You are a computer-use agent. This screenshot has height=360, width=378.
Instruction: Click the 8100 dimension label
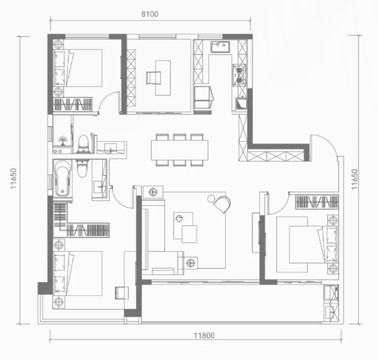[x=150, y=14]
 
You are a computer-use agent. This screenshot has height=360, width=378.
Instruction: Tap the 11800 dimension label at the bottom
[x=204, y=336]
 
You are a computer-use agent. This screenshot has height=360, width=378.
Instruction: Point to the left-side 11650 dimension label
[x=13, y=178]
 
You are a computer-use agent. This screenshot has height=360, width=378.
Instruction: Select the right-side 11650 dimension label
[x=354, y=179]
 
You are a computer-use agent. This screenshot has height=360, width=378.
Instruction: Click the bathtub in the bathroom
[x=63, y=178]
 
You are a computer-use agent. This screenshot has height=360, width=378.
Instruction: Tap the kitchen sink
[x=220, y=47]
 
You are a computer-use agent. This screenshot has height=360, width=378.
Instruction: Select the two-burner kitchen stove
[x=239, y=75]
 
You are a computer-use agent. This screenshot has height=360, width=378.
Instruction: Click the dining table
[x=179, y=150]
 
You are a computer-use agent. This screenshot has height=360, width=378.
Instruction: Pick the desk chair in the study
[x=154, y=78]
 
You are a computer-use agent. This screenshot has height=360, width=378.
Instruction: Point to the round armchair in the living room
[x=222, y=204]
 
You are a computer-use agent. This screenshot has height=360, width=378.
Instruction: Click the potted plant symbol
[x=63, y=141]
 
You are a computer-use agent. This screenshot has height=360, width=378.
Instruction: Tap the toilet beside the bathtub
[x=82, y=168]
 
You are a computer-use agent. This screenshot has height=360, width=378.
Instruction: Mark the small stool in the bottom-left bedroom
[x=121, y=293]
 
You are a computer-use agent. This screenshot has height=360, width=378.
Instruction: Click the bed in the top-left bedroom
[x=77, y=68]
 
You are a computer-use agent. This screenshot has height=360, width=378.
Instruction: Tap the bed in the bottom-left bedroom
[x=77, y=273]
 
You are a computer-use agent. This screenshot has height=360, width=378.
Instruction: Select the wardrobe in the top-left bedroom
[x=73, y=104]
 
